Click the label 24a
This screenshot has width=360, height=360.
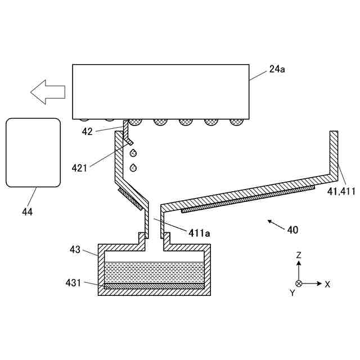pyautogui.click(x=276, y=69)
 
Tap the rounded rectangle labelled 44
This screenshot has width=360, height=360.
pyautogui.click(x=33, y=152)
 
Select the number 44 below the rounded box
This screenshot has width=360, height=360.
pyautogui.click(x=27, y=212)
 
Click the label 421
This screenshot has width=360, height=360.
pyautogui.click(x=80, y=167)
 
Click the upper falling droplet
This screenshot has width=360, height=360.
pyautogui.click(x=133, y=152)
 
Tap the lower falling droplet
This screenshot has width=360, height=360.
pyautogui.click(x=133, y=167)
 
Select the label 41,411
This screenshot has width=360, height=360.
pyautogui.click(x=341, y=191)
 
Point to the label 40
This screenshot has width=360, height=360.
pyautogui.click(x=292, y=229)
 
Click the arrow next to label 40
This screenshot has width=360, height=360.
pyautogui.click(x=275, y=224)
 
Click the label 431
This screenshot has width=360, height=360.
pyautogui.click(x=75, y=283)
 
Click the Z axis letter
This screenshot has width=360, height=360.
pyautogui.click(x=299, y=255)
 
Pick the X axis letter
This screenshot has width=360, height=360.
pyautogui.click(x=327, y=284)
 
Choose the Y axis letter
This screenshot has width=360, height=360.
pyautogui.click(x=292, y=292)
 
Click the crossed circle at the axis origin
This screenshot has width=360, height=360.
pyautogui.click(x=299, y=283)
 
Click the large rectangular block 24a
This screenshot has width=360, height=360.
pyautogui.click(x=161, y=91)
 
